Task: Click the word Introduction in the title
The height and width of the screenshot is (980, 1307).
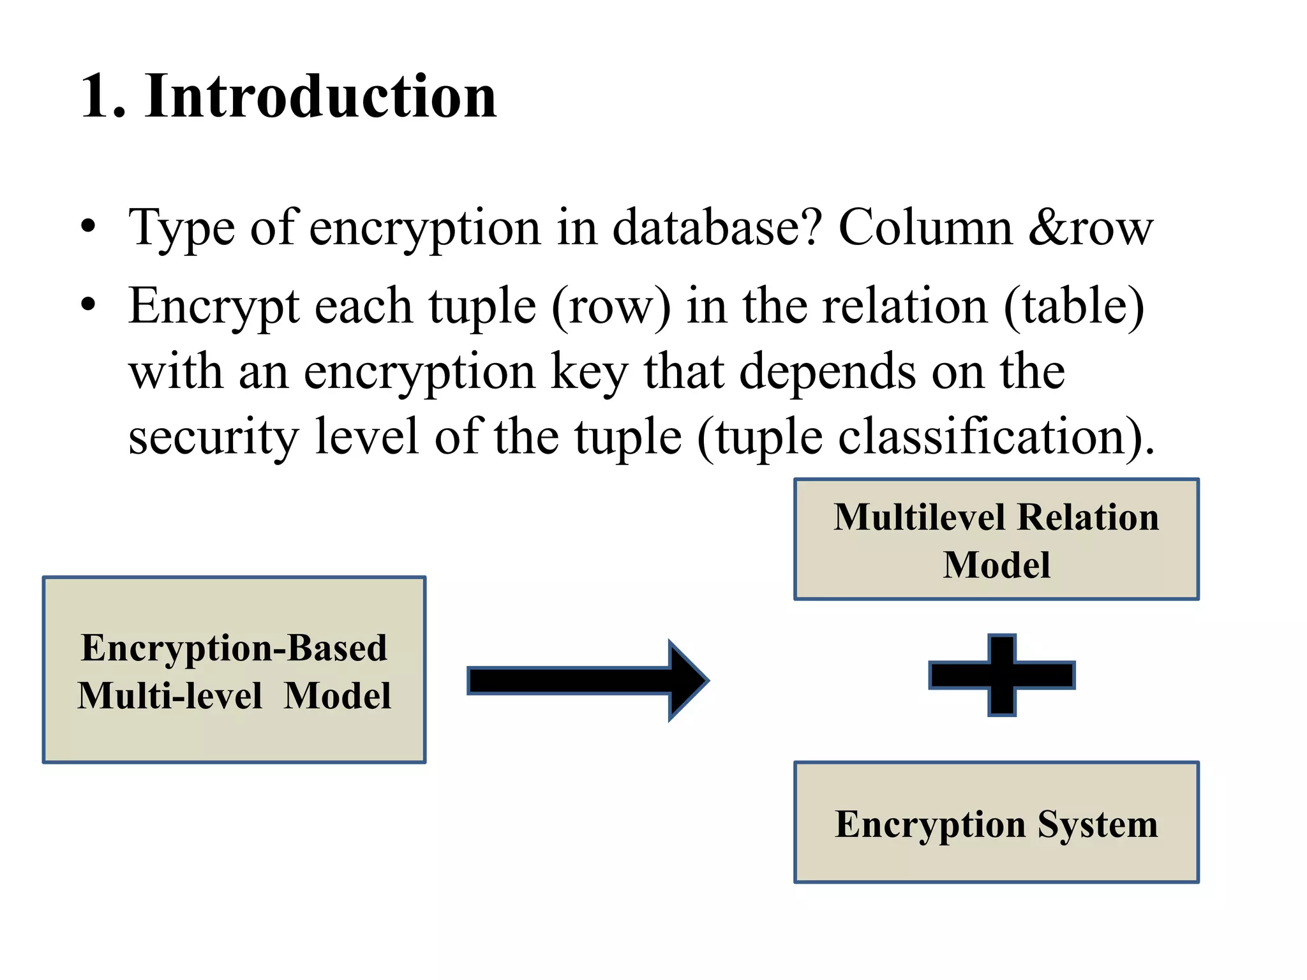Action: coord(320,97)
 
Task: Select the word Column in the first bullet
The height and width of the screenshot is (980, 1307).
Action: coord(925,228)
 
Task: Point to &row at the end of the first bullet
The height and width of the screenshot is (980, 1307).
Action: coord(1091,228)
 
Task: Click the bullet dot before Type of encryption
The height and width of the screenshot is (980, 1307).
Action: coord(88,227)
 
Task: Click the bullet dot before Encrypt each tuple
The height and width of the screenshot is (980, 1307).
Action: coord(88,305)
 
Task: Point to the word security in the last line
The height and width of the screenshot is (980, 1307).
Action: coord(213,438)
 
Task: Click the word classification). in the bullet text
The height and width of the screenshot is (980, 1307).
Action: coord(996,438)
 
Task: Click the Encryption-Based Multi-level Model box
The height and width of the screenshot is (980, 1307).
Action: coord(234,670)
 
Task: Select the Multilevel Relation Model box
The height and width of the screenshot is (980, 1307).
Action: coord(996,540)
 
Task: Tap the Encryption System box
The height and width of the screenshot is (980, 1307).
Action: coord(996,823)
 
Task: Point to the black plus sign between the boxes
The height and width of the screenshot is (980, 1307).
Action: coord(1002,675)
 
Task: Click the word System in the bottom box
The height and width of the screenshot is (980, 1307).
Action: coord(1097,824)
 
